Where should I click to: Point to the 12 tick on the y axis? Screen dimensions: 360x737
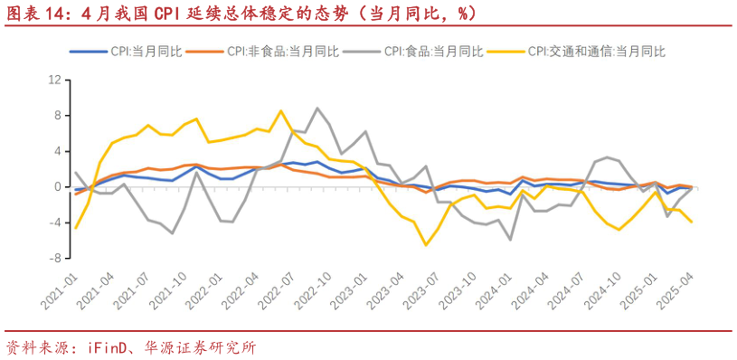pos(54,80)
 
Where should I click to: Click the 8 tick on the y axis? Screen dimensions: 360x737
pos(57,115)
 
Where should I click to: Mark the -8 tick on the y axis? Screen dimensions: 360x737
pos(54,258)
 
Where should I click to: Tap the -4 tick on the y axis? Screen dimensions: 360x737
pos(54,223)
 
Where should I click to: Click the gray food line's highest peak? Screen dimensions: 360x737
pos(317,109)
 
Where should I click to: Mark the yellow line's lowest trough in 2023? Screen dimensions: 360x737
pos(426,244)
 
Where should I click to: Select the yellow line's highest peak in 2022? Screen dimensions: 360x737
pos(280,111)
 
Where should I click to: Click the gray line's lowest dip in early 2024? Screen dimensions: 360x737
pos(511,239)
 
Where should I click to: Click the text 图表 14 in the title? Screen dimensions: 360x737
pos(36,13)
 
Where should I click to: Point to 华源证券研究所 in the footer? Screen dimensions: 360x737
pos(202,346)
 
